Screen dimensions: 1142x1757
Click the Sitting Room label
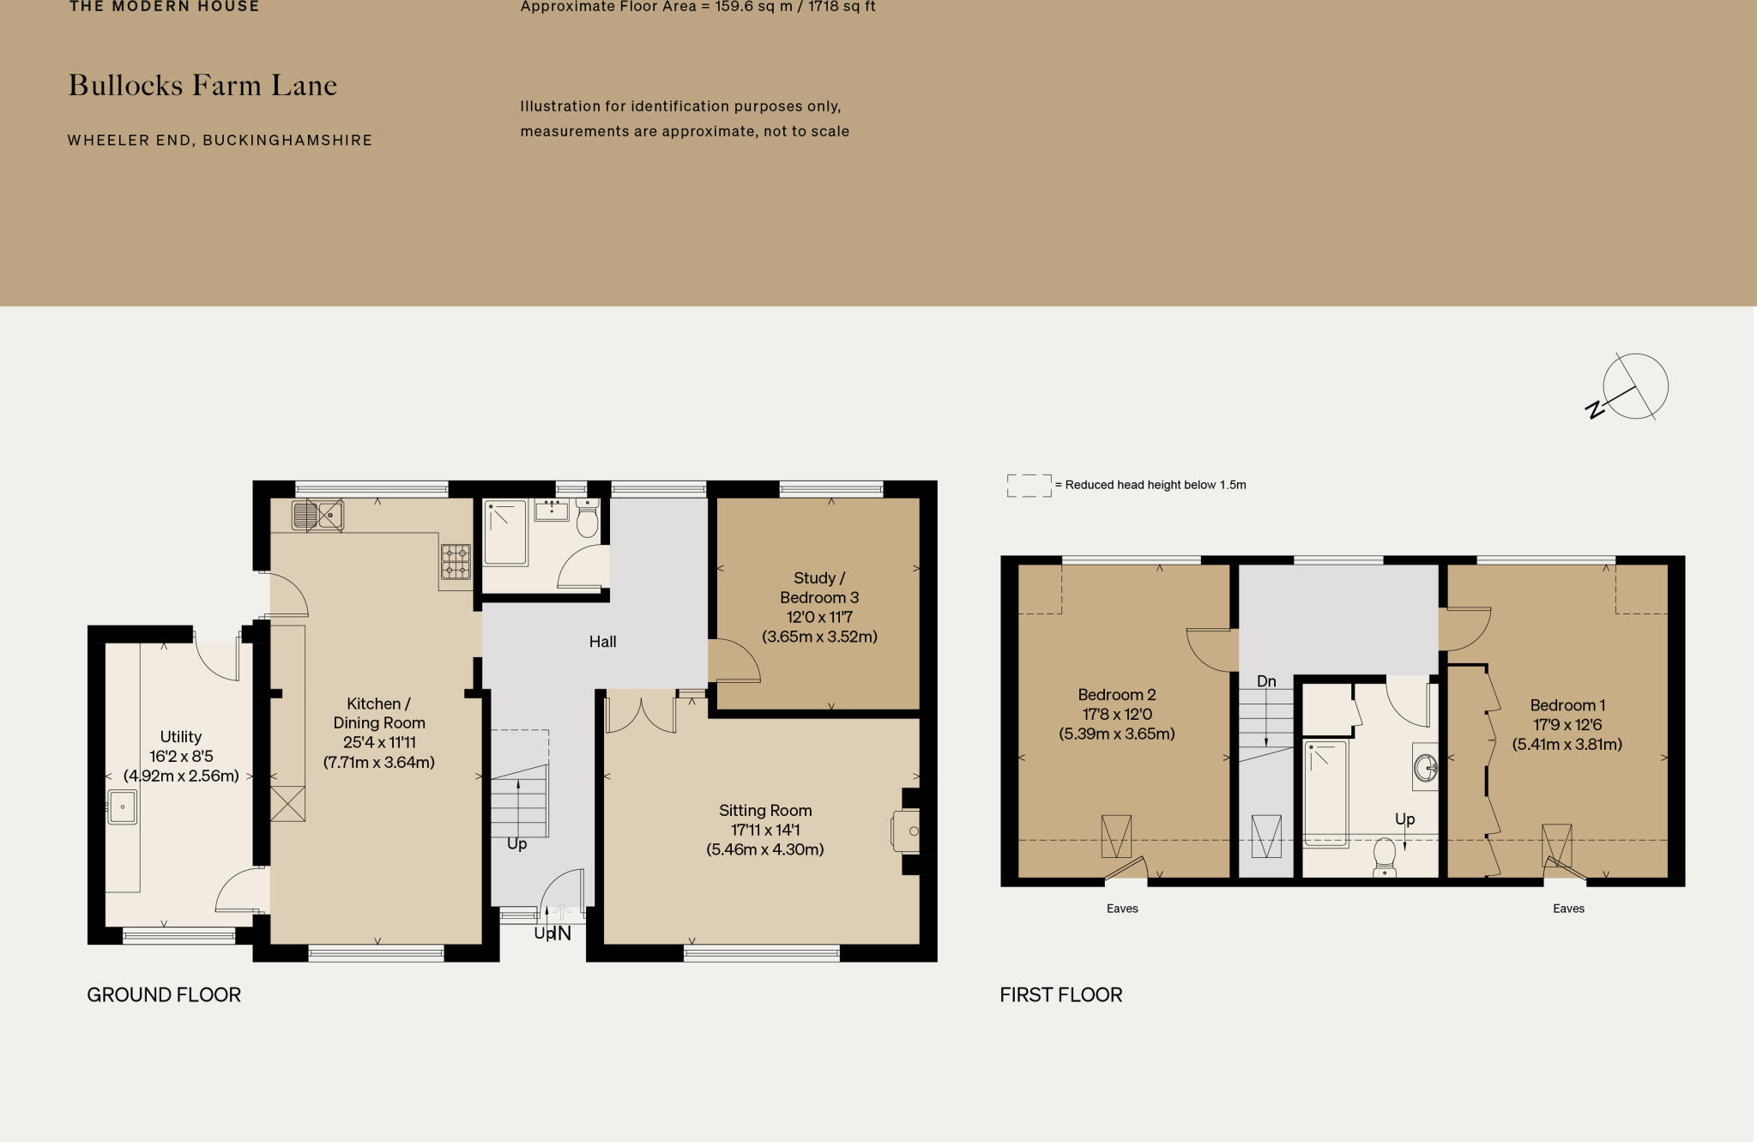764,811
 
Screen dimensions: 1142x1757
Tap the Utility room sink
122,807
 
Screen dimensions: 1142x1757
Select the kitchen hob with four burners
456,562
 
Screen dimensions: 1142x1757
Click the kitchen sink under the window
317,516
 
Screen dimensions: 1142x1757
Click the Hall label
602,642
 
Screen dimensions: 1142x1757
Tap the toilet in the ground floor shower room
587,519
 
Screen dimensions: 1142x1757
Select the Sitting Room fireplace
907,831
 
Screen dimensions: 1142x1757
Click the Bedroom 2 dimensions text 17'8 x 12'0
1116,714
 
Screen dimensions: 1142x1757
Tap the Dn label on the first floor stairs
1266,681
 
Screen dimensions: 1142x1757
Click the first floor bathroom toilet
1384,855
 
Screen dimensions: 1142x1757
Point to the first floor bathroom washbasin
1425,766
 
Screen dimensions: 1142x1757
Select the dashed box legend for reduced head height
1029,486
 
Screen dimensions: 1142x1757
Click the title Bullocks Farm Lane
202,85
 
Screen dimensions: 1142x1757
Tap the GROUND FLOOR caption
164,994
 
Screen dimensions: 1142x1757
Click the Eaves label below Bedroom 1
1568,909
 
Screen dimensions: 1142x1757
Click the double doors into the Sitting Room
640,714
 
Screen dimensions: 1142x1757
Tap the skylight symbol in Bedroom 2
1115,835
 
